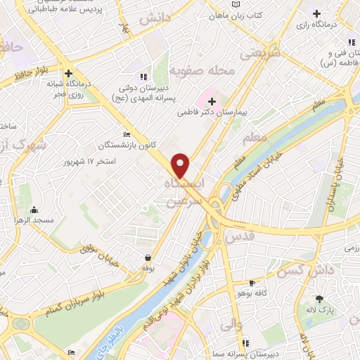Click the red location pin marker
[181, 165]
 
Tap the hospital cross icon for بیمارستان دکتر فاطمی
[212, 101]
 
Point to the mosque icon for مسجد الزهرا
[34, 209]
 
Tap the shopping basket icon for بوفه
[148, 257]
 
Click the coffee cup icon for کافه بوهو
[252, 283]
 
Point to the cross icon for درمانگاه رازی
[317, 13]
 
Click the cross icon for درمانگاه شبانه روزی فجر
[68, 72]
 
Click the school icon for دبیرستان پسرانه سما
[245, 343]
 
